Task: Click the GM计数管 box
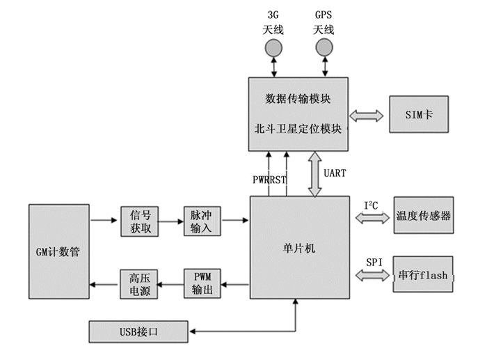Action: coord(59,251)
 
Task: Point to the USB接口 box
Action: coord(138,331)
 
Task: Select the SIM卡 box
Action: coord(419,114)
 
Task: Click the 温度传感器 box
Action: coord(422,216)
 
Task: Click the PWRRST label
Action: coord(269,180)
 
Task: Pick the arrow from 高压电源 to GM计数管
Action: coord(104,283)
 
